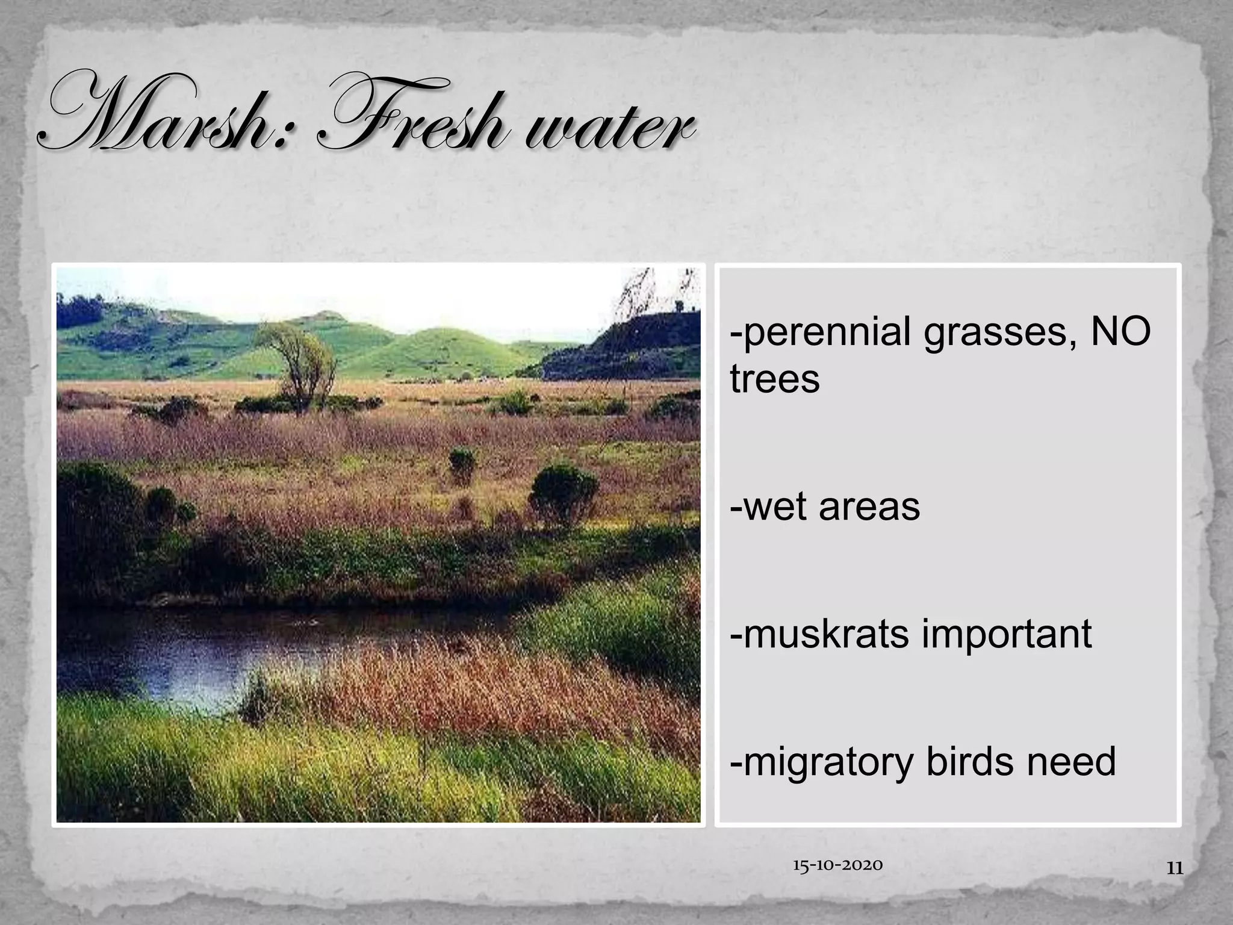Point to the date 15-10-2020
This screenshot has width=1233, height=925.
coord(837,866)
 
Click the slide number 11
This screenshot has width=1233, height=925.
coord(1175,868)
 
